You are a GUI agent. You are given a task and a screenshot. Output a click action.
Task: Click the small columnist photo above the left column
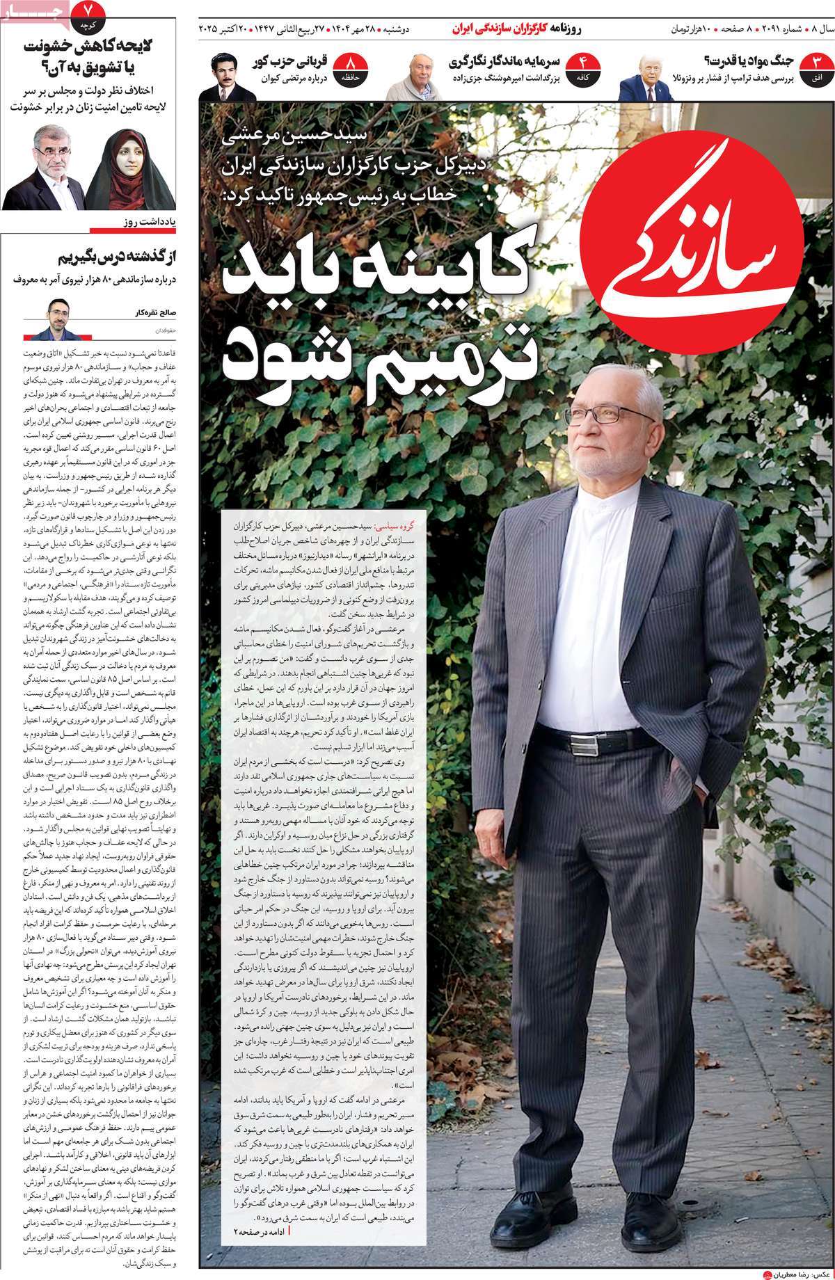click(x=57, y=319)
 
